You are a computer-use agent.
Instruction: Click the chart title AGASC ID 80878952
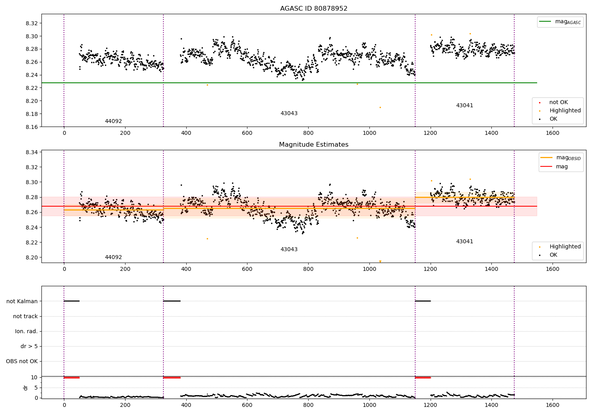313,9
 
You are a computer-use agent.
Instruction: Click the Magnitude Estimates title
313,145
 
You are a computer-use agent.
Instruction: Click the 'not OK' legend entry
558,102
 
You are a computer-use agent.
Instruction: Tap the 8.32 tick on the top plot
32,23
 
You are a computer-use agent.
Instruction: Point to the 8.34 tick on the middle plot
32,152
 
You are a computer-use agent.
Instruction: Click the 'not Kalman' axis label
22,301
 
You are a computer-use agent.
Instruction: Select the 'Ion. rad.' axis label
26,331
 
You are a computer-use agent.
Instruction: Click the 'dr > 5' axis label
29,346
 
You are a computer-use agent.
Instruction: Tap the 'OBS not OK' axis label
22,361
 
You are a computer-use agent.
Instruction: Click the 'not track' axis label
25,316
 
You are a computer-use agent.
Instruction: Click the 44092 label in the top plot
113,121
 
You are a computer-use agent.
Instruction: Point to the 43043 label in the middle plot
289,249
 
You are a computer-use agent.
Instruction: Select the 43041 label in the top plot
465,105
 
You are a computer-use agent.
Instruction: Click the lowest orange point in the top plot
380,107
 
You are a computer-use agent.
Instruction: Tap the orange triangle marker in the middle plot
380,261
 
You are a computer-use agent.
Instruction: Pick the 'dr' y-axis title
26,388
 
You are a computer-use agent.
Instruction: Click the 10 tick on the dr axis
34,377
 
